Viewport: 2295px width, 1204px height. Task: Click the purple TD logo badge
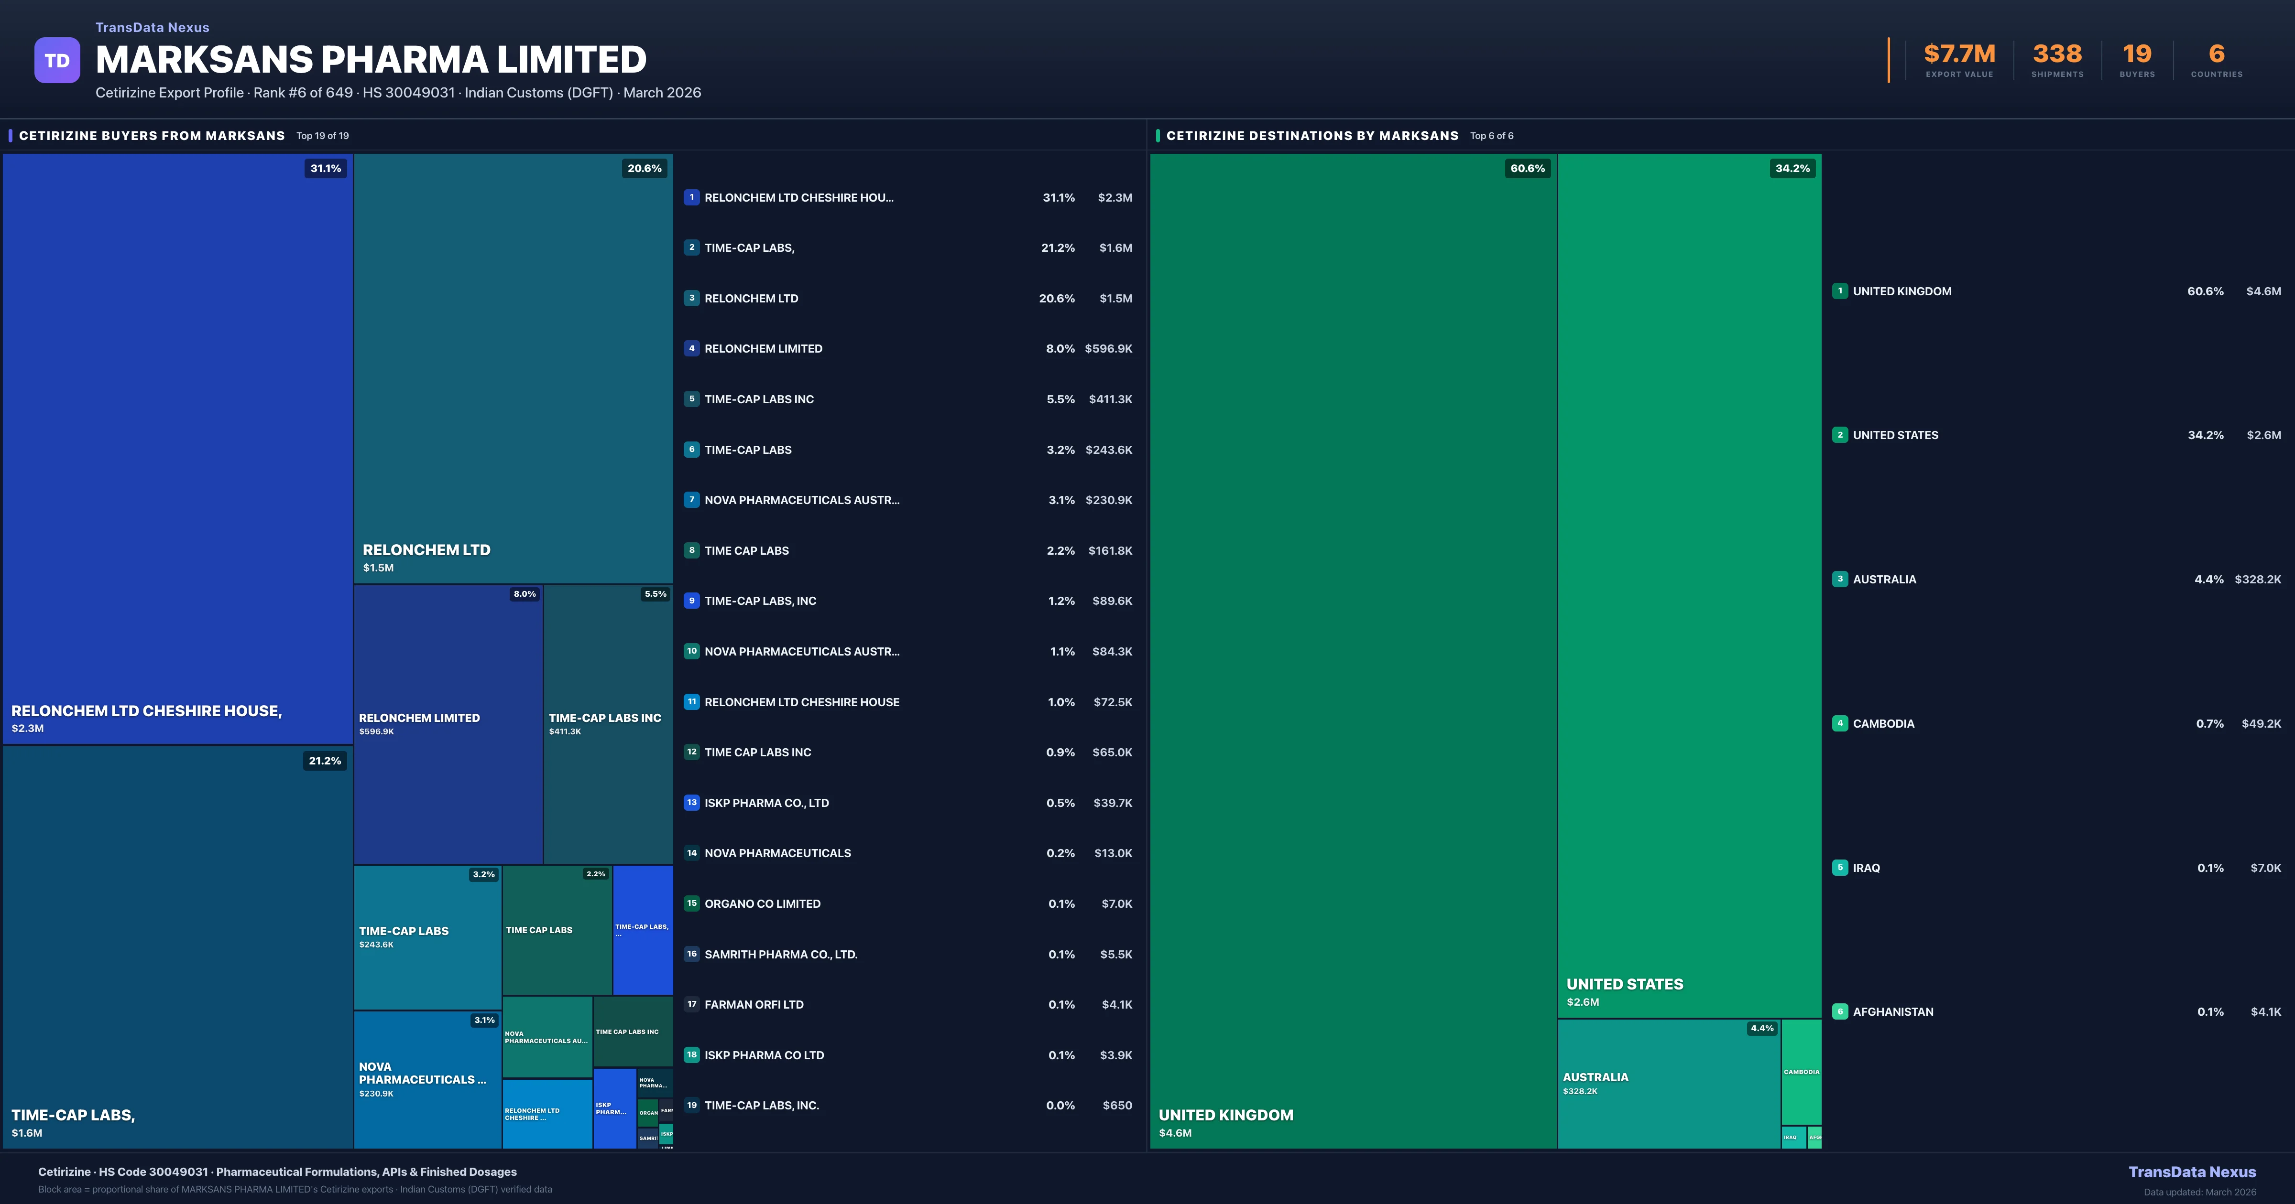coord(57,61)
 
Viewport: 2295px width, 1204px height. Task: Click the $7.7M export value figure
coord(1959,54)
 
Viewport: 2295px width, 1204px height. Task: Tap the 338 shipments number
coord(2057,54)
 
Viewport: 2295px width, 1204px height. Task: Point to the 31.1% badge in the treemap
coord(325,168)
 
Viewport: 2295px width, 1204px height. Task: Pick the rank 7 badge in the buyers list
coord(691,500)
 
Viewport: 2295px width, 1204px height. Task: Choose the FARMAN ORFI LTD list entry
coord(754,1004)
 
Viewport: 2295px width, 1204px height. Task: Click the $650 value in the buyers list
coord(1117,1105)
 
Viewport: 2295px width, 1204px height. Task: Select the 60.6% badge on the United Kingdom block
coord(1527,168)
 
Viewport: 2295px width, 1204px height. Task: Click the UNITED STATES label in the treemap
coord(1624,984)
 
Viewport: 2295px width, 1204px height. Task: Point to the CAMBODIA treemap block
coord(1801,1072)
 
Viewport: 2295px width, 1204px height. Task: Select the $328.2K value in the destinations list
coord(2258,580)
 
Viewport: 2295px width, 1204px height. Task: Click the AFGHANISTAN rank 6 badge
coord(1840,1011)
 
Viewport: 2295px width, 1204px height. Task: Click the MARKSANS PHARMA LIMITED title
coord(371,60)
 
